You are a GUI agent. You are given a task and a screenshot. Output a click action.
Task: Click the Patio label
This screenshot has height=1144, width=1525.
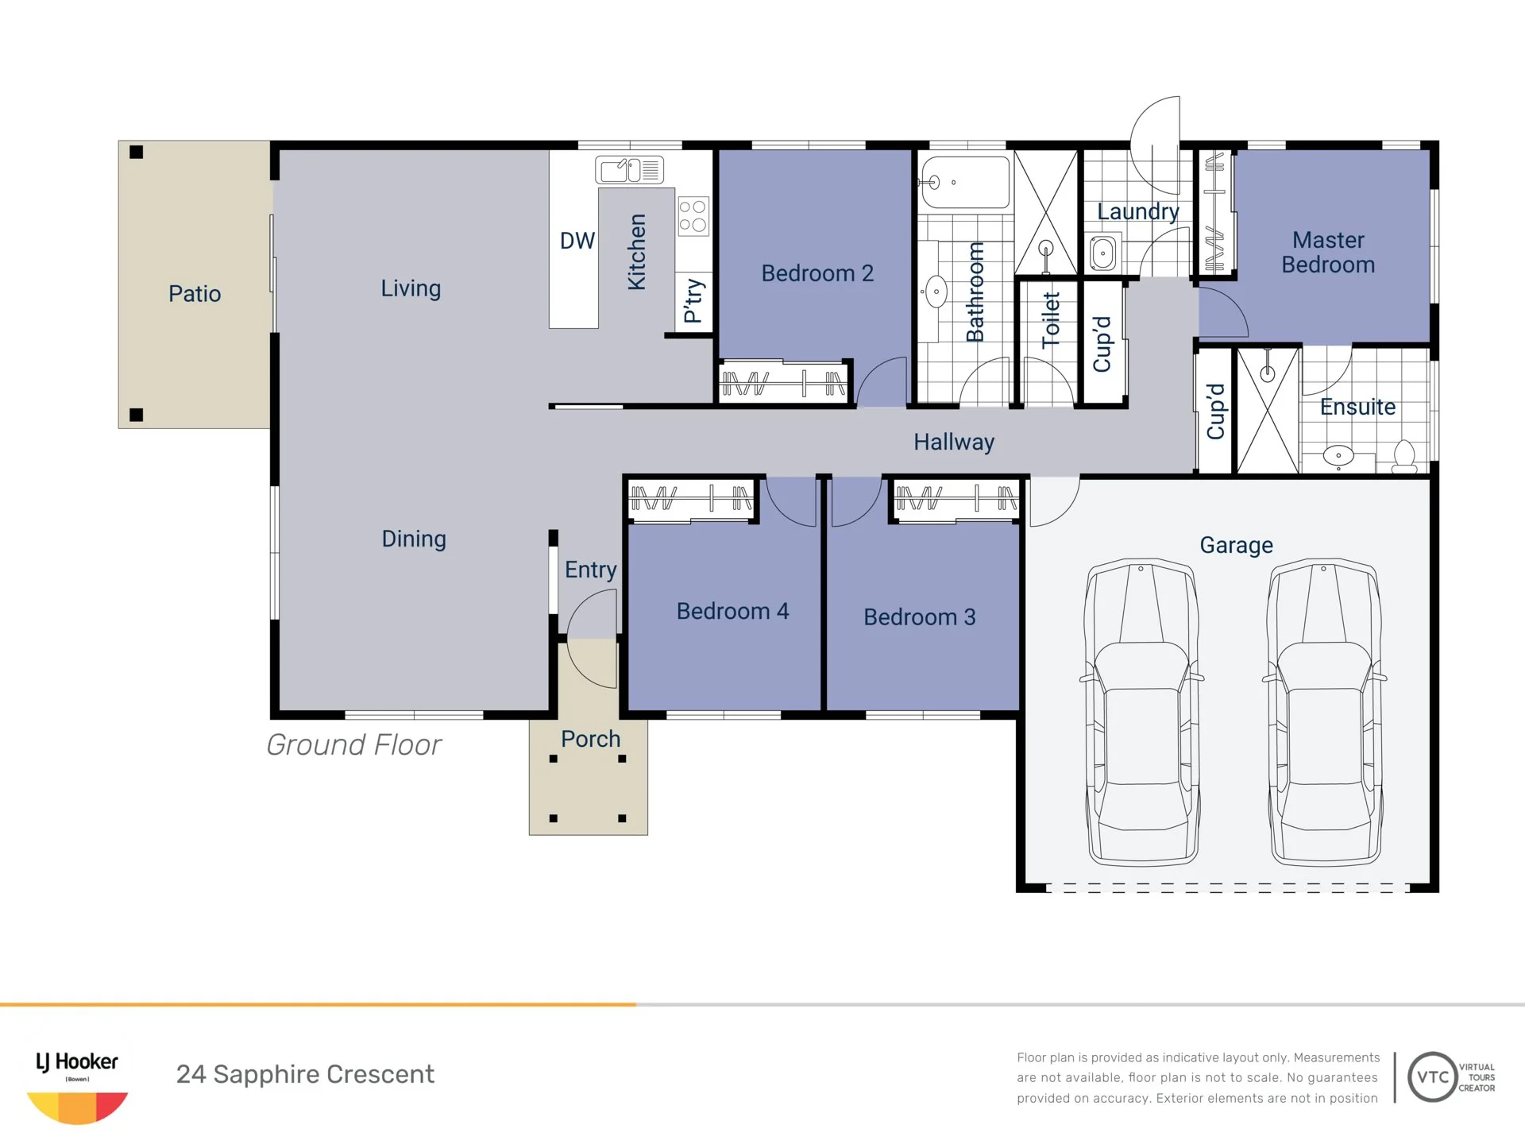tap(195, 294)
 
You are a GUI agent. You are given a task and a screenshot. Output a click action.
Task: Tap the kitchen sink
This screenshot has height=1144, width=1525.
tap(630, 170)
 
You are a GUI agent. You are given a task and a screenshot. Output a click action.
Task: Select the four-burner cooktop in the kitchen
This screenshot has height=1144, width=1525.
tap(693, 216)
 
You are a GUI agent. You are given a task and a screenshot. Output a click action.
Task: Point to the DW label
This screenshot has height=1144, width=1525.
tap(577, 241)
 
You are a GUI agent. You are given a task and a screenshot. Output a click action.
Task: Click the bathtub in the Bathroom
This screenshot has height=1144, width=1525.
tap(964, 183)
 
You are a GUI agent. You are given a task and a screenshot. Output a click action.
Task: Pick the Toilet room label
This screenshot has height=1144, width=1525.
tap(1051, 319)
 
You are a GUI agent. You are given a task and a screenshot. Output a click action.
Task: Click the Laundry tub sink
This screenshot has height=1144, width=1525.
tap(1102, 253)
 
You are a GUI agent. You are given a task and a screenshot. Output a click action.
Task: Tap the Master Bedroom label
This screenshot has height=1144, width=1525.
tap(1328, 252)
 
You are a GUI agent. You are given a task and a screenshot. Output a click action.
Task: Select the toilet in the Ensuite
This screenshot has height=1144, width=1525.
tap(1404, 457)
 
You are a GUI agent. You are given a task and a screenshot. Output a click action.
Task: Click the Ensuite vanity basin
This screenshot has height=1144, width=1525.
tap(1338, 456)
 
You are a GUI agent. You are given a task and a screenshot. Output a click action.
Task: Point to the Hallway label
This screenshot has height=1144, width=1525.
tap(954, 442)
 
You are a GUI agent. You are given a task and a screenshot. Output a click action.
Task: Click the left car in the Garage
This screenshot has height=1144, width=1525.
tap(1141, 712)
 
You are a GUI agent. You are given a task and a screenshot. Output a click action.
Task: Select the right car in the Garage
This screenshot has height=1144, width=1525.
tap(1324, 712)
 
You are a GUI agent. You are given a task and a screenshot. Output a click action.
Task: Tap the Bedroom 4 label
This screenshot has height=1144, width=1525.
tap(732, 611)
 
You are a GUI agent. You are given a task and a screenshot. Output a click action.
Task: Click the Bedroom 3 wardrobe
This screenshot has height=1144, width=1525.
tap(956, 499)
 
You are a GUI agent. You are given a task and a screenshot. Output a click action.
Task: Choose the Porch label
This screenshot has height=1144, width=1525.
tap(590, 739)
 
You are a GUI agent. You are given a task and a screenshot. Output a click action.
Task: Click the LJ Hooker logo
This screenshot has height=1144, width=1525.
tap(77, 1087)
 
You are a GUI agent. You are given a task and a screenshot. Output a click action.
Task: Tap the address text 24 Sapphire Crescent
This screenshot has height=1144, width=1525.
tap(305, 1074)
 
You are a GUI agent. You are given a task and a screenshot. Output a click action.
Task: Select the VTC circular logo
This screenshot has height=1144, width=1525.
tap(1433, 1077)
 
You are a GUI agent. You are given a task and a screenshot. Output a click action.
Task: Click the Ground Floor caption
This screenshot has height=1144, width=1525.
tap(353, 744)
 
